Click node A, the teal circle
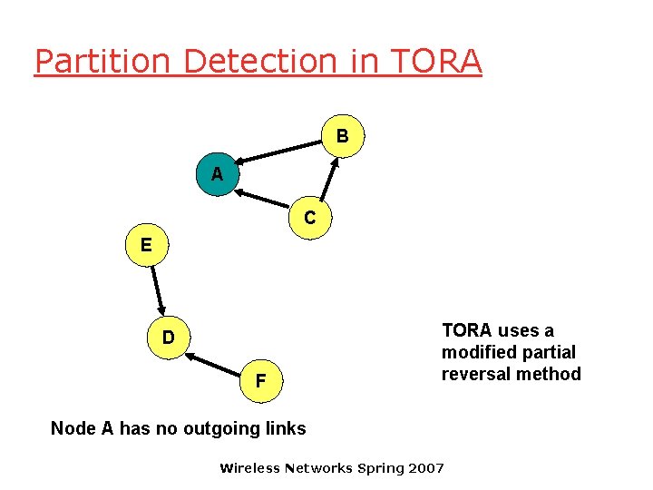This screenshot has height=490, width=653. [x=217, y=174]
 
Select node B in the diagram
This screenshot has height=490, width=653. [x=343, y=136]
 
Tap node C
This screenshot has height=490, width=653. [x=310, y=218]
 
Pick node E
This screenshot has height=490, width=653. [x=146, y=245]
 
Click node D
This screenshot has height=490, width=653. [x=169, y=338]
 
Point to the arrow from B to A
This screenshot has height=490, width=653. [x=281, y=150]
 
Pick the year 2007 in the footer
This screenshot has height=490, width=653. [x=425, y=468]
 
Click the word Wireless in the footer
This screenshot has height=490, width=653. [x=250, y=468]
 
